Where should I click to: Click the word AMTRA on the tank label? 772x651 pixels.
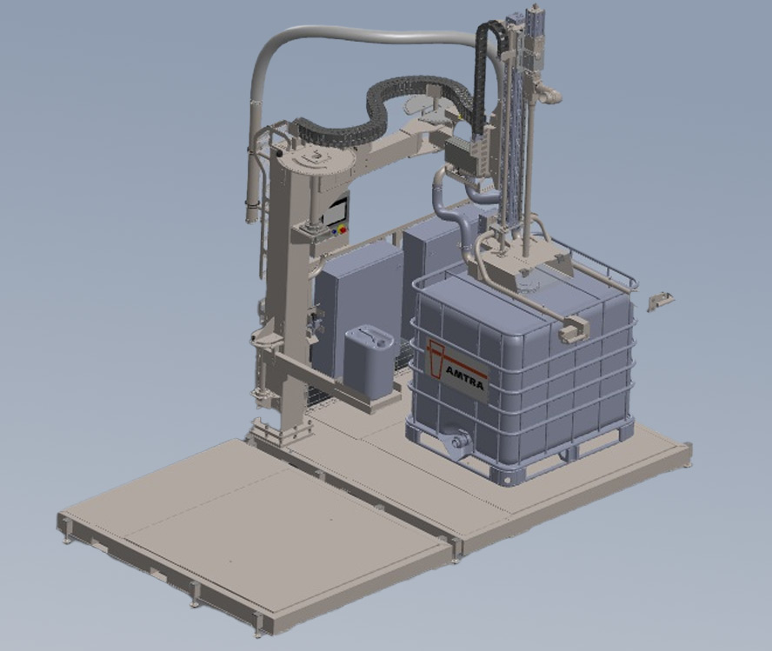[464, 377]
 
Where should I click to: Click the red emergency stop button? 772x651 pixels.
[343, 229]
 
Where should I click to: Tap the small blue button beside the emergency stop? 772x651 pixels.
[335, 231]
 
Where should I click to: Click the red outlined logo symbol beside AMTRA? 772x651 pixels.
[436, 358]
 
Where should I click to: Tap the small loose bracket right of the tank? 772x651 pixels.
[660, 300]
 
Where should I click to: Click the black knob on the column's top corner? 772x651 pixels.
[280, 154]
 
